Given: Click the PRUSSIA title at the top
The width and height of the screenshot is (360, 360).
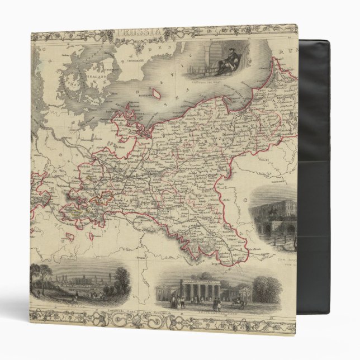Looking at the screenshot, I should pos(164,32).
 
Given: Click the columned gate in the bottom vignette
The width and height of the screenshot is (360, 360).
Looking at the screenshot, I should pos(199,290).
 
